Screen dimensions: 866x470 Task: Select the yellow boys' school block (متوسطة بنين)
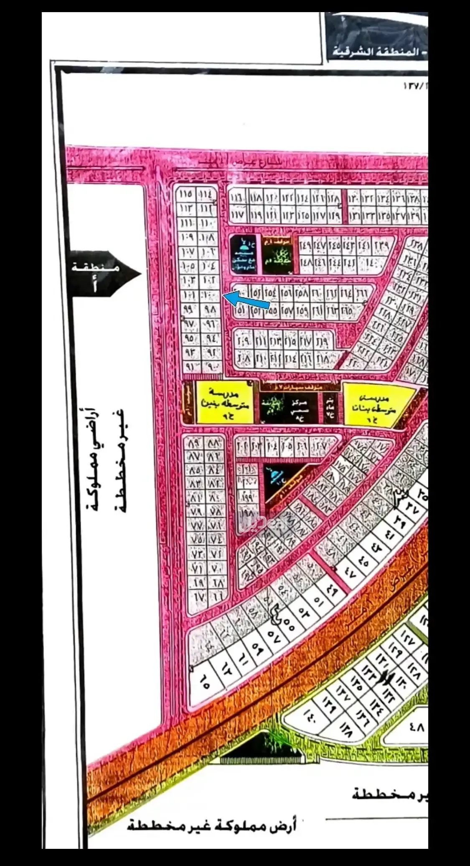pyautogui.click(x=224, y=402)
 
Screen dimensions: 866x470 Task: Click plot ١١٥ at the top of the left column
pyautogui.click(x=186, y=195)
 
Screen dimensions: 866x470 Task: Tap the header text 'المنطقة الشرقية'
pyautogui.click(x=380, y=53)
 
